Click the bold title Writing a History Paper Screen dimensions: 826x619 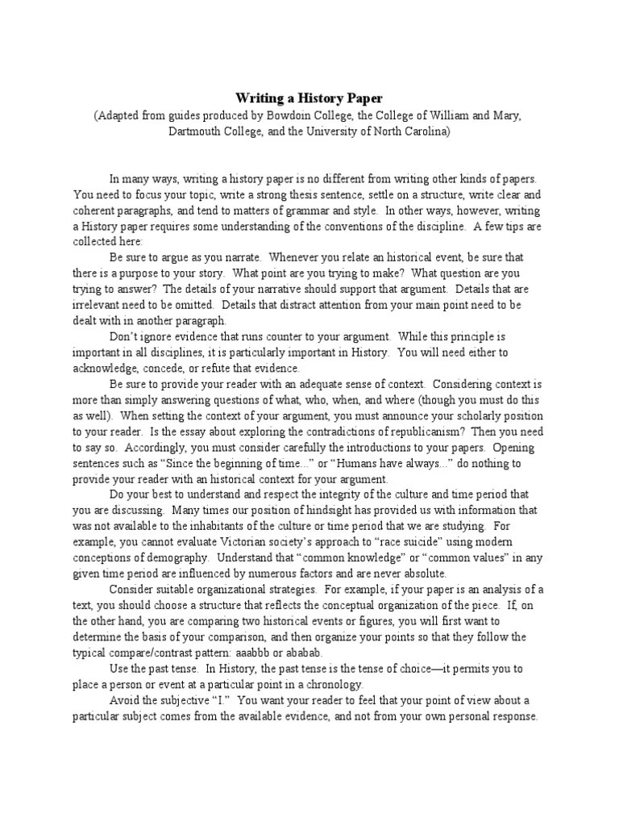[309, 98]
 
